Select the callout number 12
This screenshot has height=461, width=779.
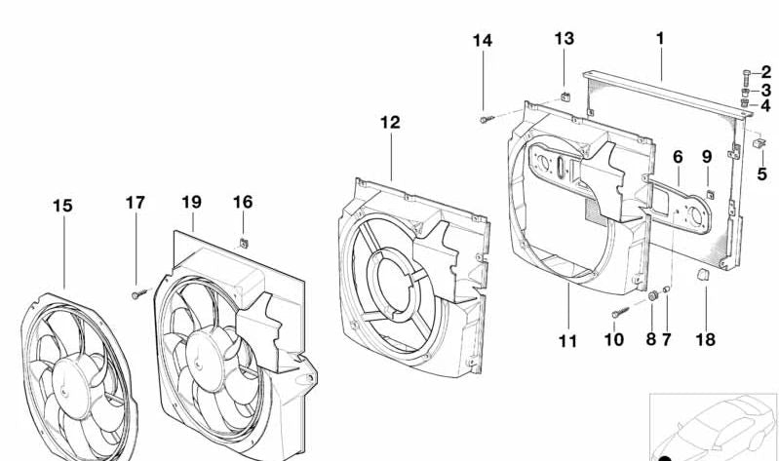(390, 123)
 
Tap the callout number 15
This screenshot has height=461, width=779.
(62, 206)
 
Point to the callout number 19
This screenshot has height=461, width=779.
(191, 202)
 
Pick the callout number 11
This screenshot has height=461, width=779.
(567, 341)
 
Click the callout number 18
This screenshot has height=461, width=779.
(705, 340)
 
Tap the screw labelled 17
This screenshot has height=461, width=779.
(136, 292)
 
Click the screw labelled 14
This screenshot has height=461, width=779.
(485, 119)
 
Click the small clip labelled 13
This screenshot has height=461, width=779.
(565, 96)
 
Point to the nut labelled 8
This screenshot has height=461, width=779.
(651, 295)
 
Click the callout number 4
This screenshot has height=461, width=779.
(765, 105)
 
